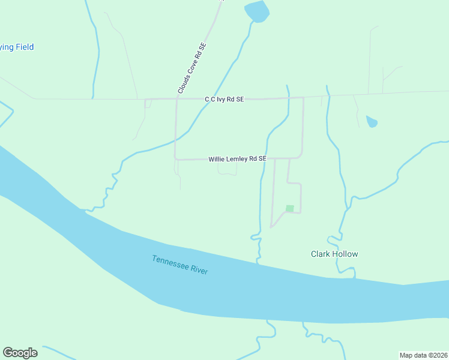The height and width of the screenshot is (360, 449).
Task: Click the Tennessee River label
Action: point(179,265)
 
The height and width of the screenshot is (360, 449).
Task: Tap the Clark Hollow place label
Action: point(334,254)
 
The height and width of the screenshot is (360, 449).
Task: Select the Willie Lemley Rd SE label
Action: point(237,159)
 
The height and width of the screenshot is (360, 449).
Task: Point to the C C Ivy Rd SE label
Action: point(224,99)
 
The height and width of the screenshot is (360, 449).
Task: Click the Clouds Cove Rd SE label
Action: point(192,68)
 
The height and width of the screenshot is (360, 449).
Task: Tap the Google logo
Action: point(20,353)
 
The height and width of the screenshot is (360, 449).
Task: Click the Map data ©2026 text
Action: point(423,355)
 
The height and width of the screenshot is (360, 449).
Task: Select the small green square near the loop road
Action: point(290,208)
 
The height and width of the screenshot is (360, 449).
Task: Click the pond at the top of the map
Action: point(256,10)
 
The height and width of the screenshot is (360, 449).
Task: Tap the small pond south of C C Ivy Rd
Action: point(372,122)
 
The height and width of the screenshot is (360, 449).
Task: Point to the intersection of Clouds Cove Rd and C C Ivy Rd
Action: point(176,98)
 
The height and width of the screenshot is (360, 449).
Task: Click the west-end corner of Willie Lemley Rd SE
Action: point(175,158)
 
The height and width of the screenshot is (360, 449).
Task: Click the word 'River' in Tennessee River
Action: point(198,269)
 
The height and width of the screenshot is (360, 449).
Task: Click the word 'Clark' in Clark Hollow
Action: point(320,254)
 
